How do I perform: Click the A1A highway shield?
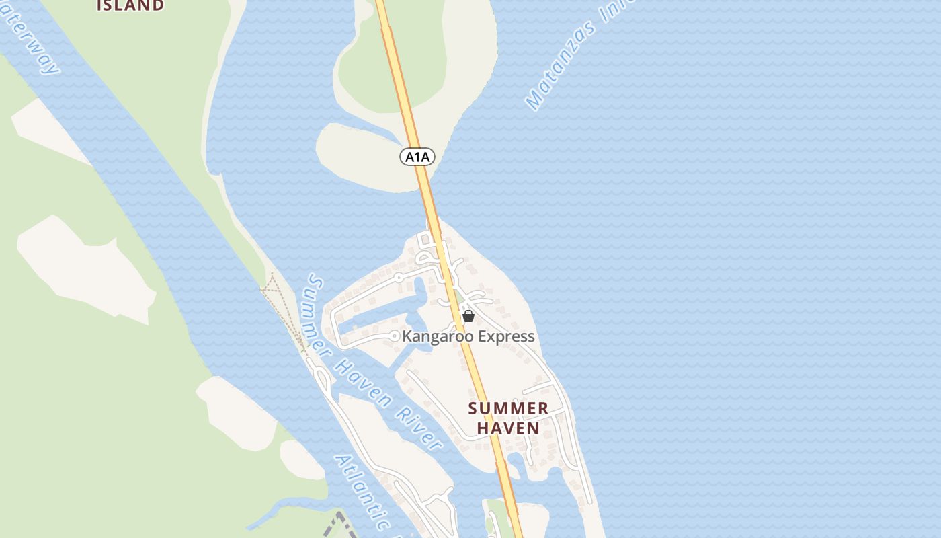(x=417, y=157)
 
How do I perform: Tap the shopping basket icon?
(x=468, y=316)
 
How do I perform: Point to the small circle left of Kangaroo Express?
(x=395, y=336)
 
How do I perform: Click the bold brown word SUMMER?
(x=508, y=408)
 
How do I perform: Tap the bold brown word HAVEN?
(x=508, y=428)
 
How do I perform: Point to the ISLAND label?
(x=130, y=5)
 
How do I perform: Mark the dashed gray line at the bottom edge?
(x=339, y=525)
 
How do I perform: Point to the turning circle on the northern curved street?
(x=399, y=277)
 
